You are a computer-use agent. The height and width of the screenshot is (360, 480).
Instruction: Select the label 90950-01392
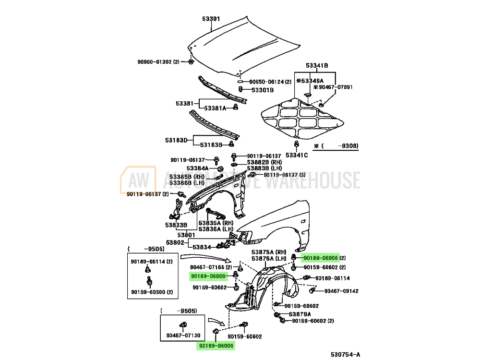[156, 62]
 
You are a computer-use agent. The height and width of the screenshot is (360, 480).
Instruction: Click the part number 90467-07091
[335, 87]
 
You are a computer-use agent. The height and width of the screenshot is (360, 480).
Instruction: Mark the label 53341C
[297, 155]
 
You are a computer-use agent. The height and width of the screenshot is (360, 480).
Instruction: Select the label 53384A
[198, 168]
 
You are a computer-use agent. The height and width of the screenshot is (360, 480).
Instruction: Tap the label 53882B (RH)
[264, 162]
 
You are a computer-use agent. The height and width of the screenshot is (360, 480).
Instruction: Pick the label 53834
[202, 247]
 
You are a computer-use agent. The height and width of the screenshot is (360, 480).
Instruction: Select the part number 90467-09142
[341, 291]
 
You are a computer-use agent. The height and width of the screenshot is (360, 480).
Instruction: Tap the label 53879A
[300, 314]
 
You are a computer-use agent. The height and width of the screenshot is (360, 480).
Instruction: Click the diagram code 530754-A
[345, 355]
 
